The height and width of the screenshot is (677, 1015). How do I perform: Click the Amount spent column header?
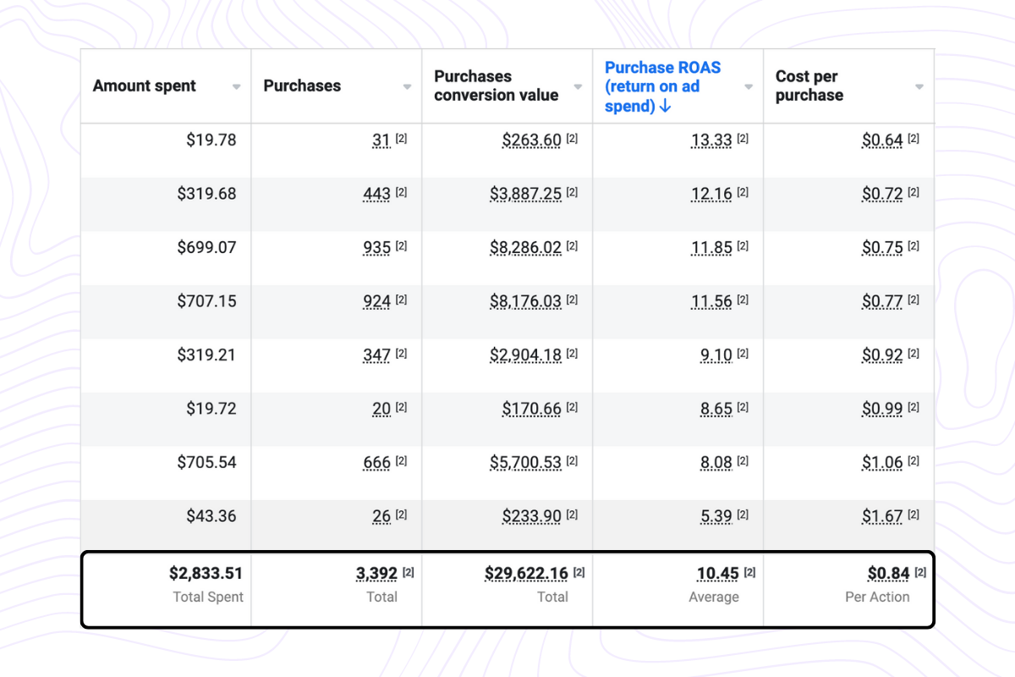point(145,85)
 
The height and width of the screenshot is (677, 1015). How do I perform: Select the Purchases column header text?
point(302,85)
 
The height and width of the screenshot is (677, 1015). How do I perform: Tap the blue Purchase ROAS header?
point(662,86)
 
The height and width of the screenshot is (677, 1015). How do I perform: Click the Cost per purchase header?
point(809,85)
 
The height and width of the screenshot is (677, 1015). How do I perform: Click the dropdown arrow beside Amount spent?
point(237,86)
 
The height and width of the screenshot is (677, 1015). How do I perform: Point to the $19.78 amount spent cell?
point(211,140)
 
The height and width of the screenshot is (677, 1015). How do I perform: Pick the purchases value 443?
point(376,194)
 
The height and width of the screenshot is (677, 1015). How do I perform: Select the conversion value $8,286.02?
point(525,247)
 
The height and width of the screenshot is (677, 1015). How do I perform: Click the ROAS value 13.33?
point(711,140)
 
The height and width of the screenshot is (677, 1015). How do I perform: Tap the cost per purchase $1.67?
point(882,515)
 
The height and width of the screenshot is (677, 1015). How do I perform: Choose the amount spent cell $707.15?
point(206,300)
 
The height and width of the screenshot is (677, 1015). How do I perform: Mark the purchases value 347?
point(376,355)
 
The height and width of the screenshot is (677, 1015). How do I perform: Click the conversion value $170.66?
point(531,409)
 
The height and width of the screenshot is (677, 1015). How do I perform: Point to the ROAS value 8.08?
point(716,462)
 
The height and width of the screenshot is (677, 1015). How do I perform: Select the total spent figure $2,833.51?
point(206,574)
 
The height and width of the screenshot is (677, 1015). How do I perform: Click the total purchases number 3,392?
point(376,574)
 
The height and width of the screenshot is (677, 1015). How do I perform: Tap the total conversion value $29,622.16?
point(526,574)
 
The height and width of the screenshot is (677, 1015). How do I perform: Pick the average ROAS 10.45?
point(717,574)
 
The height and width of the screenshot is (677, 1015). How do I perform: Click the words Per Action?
point(877,597)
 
